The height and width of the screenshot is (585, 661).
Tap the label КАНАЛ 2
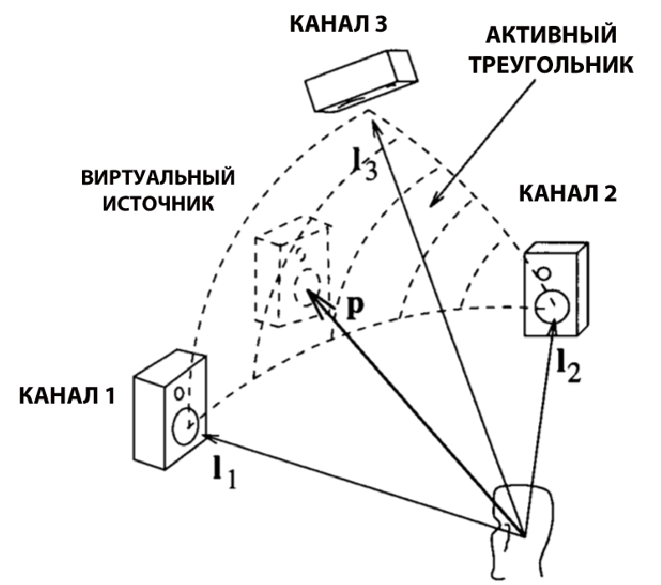568,194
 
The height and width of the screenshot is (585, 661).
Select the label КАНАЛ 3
337,23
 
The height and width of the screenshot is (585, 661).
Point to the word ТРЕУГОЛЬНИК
553,65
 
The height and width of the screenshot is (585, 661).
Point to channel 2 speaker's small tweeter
545,273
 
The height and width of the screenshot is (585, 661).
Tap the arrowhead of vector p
310,293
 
